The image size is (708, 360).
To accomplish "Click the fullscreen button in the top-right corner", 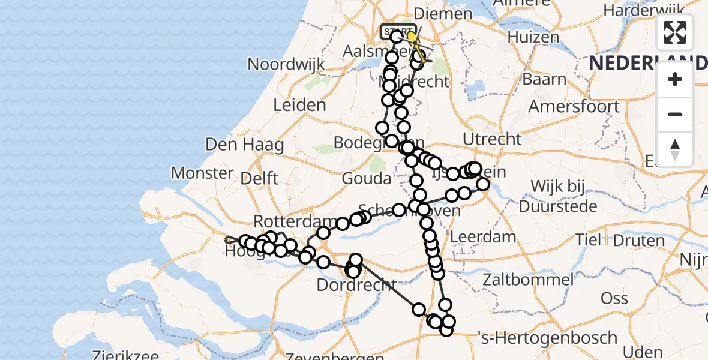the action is (675, 32).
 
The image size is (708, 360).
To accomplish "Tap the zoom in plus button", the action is (675, 79).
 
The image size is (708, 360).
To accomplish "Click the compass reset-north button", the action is (675, 149).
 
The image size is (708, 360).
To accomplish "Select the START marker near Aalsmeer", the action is (398, 31).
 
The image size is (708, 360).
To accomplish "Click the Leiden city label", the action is (299, 105).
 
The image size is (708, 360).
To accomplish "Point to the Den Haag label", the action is (244, 145).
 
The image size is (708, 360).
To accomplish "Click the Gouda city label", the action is (367, 178).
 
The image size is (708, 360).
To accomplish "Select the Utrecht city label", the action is (492, 139).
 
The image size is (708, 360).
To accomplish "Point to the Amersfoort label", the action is (574, 106).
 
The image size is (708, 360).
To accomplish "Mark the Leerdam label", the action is (482, 236).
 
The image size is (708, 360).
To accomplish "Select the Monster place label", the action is (202, 173).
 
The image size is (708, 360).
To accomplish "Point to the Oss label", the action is (614, 298).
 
